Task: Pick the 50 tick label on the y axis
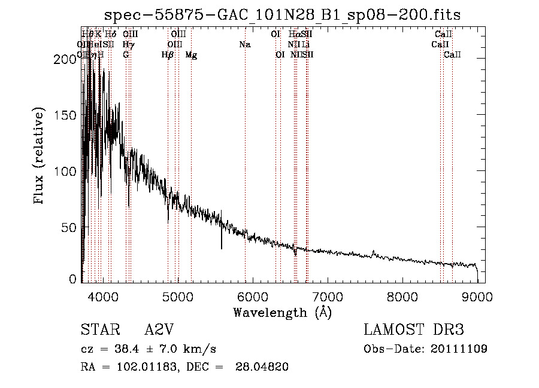coord(71,228)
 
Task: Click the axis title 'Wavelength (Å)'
coord(282,312)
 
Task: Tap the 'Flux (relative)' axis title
coord(40,157)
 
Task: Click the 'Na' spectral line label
coord(244,44)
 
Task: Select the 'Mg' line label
coord(191,54)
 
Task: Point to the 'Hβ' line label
coord(168,54)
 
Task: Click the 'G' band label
coord(126,54)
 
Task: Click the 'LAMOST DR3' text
coord(414,330)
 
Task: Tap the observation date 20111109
coord(459,349)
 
